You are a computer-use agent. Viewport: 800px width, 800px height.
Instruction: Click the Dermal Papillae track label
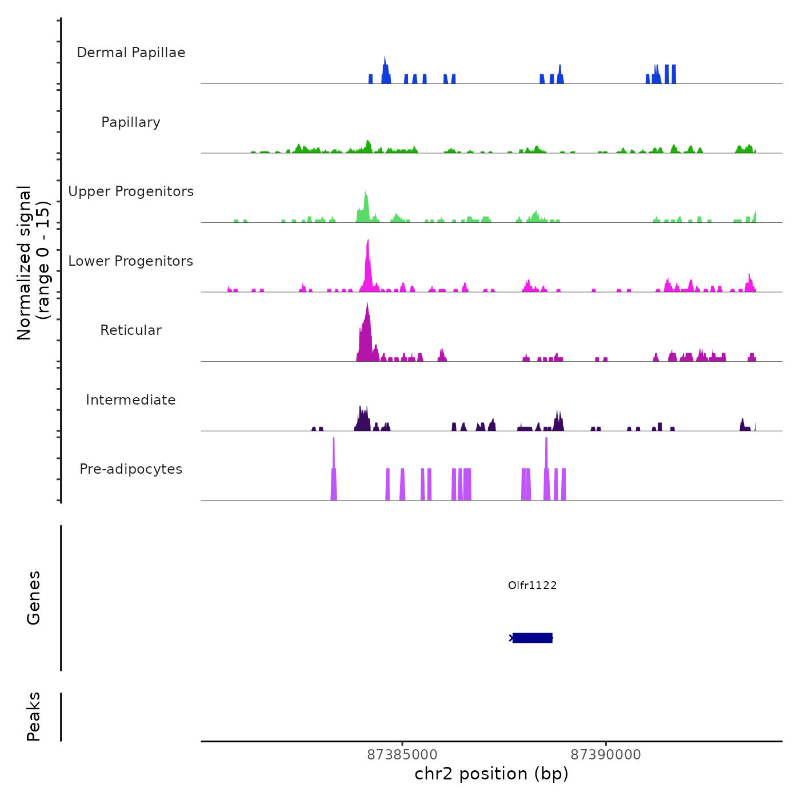click(x=131, y=53)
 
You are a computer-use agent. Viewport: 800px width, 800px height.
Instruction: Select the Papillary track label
click(x=131, y=122)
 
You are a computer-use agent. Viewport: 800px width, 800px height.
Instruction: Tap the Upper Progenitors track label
click(x=131, y=191)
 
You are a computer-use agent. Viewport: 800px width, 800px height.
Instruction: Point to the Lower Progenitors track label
click(x=131, y=261)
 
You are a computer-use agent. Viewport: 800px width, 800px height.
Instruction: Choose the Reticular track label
click(x=131, y=330)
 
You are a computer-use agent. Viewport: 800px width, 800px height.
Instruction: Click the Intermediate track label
click(x=131, y=400)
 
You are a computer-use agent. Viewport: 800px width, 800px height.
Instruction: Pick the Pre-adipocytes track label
click(x=131, y=469)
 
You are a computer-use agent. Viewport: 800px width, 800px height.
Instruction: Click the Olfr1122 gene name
click(x=532, y=585)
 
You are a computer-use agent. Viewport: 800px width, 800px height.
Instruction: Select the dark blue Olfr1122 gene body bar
click(x=532, y=638)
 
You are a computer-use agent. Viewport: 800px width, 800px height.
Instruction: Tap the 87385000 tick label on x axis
click(x=402, y=755)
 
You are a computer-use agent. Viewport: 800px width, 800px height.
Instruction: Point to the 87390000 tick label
click(x=606, y=755)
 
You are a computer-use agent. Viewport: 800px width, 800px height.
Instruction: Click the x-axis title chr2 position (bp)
click(x=491, y=774)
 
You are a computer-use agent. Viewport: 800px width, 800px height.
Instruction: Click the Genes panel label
click(x=34, y=598)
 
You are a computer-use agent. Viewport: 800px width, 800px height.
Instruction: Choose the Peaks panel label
click(x=34, y=717)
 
